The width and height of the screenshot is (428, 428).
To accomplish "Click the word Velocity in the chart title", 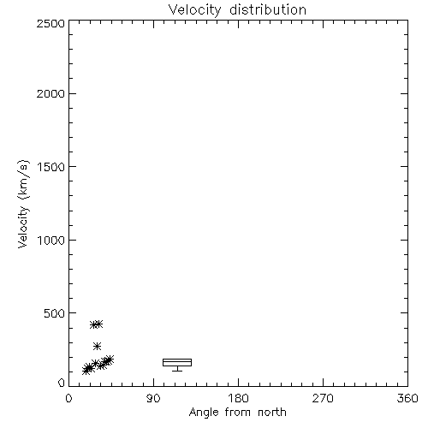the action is click(195, 10).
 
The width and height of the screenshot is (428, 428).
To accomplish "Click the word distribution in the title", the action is click(268, 9).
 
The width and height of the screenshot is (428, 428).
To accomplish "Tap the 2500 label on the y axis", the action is click(51, 23).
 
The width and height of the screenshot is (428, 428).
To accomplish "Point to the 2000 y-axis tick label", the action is click(51, 94).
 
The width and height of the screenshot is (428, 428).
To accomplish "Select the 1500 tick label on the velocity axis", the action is click(51, 167).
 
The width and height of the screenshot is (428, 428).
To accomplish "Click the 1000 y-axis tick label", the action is click(51, 241).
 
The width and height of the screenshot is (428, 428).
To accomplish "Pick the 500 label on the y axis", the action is click(55, 313).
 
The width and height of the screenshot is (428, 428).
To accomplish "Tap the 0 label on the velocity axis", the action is click(62, 383).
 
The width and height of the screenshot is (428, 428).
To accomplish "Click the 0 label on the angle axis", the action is click(68, 398).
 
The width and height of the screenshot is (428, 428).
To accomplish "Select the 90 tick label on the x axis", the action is click(153, 398).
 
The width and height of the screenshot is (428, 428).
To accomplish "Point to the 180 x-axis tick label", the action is click(238, 398).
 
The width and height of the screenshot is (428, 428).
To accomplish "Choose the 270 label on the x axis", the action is click(323, 398).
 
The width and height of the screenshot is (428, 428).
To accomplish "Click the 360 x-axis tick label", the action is click(407, 398).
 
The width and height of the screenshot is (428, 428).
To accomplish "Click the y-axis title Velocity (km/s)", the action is click(23, 204).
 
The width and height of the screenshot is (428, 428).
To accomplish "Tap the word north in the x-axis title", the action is click(272, 413).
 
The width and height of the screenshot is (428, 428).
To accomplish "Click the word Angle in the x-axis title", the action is click(204, 413).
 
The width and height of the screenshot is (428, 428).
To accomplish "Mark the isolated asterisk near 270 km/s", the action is click(98, 346).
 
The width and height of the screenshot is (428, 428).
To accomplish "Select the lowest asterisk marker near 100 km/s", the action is click(86, 371).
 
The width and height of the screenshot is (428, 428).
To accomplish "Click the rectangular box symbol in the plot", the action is click(177, 359).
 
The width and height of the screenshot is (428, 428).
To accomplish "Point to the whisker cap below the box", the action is click(177, 371).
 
